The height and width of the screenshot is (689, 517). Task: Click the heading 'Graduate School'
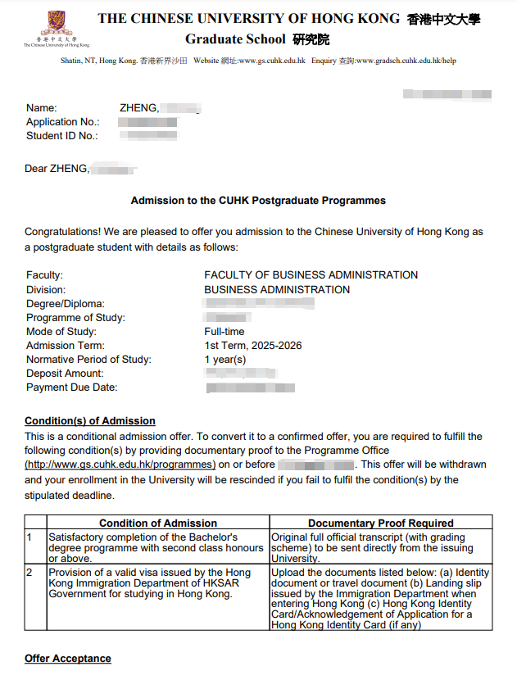[235, 39]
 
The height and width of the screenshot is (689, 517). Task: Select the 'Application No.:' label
[63, 122]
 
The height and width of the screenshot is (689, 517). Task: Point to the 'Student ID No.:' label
[62, 136]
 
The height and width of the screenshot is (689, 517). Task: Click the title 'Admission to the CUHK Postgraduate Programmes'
[258, 201]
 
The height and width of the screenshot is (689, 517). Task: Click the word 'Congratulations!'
[63, 233]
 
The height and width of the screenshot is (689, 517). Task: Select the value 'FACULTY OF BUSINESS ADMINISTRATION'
[311, 275]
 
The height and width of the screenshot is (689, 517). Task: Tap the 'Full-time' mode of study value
[224, 332]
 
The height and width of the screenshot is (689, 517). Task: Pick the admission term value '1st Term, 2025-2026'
[252, 346]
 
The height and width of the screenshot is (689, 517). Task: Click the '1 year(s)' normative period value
[224, 360]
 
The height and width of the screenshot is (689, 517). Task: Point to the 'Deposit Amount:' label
[65, 374]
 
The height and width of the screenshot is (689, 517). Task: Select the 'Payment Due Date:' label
[71, 388]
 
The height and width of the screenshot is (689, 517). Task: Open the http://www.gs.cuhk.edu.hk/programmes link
[120, 465]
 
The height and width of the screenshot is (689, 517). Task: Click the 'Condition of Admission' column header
[158, 523]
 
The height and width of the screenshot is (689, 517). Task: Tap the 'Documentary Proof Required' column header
[380, 523]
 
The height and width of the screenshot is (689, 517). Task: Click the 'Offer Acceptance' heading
[67, 659]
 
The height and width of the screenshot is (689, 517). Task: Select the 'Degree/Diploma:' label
[65, 304]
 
